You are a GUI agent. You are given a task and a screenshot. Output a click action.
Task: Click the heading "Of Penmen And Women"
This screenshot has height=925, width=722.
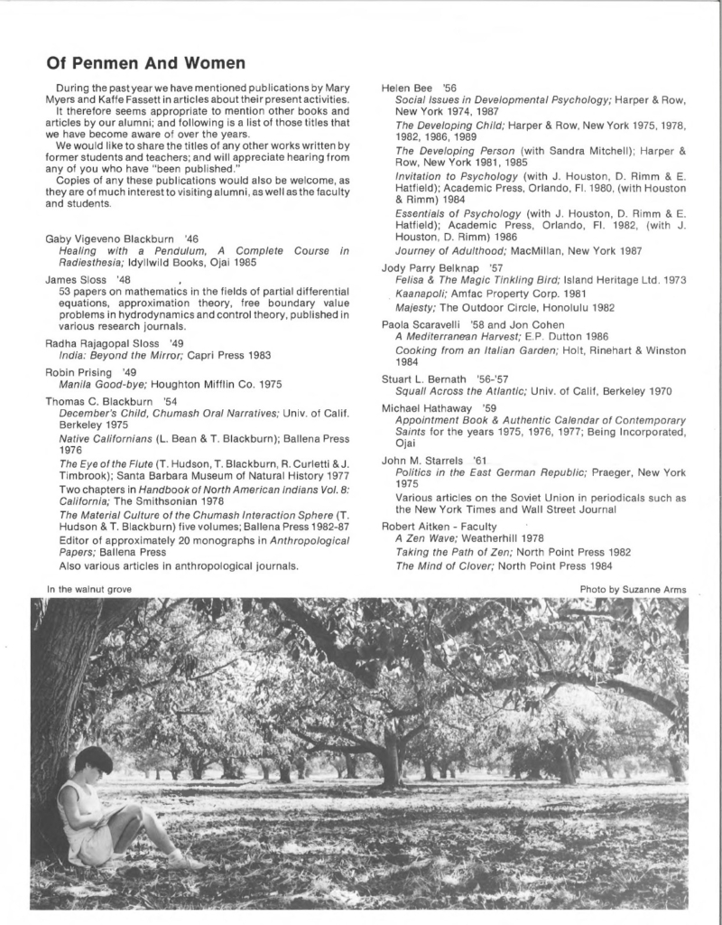145,63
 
